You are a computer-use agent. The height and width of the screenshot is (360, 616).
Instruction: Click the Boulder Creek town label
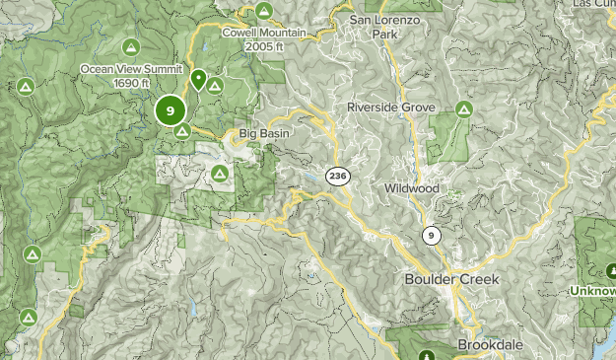451,280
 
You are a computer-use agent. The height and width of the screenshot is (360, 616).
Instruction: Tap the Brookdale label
487,345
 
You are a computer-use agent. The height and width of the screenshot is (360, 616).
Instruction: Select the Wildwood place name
412,186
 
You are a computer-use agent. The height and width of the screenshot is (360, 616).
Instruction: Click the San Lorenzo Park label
386,26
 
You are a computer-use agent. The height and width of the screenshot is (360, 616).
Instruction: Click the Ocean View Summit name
131,69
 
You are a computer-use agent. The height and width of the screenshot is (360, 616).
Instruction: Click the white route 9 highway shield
431,235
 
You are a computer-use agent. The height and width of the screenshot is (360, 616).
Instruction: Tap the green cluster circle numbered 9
171,110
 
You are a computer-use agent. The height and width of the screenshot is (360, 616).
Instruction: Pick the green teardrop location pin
198,79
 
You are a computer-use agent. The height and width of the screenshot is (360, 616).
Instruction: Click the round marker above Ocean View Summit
131,46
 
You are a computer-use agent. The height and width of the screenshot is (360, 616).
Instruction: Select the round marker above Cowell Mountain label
263,12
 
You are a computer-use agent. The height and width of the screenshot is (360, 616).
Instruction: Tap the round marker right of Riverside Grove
463,108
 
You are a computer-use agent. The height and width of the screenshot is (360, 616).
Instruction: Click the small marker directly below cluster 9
181,131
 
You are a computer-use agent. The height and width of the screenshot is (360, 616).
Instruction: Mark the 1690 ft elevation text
131,83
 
